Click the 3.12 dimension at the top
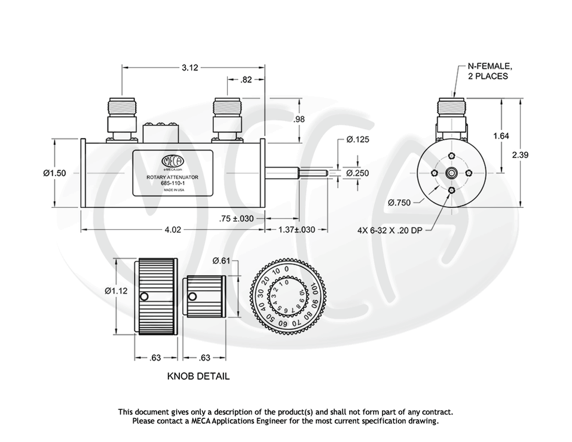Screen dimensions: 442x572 click(189, 67)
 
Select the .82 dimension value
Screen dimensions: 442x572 click(246, 79)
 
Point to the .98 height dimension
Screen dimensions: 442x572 click(299, 119)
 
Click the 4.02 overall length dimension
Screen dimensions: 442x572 click(173, 229)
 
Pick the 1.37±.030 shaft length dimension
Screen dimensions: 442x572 click(296, 229)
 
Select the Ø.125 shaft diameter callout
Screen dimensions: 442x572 click(358, 140)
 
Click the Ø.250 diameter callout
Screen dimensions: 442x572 click(358, 173)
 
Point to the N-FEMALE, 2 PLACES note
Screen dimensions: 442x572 click(489, 72)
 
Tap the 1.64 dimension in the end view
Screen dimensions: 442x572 click(501, 136)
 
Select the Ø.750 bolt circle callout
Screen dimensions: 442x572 click(399, 202)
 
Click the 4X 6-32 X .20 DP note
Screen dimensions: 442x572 click(390, 229)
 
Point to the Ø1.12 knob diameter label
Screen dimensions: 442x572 click(116, 291)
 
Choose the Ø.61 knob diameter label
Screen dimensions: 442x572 click(221, 260)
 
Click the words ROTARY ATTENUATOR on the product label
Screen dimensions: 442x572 click(172, 177)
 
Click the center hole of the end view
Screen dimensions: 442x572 click(451, 173)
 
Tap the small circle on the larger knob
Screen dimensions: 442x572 click(143, 297)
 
